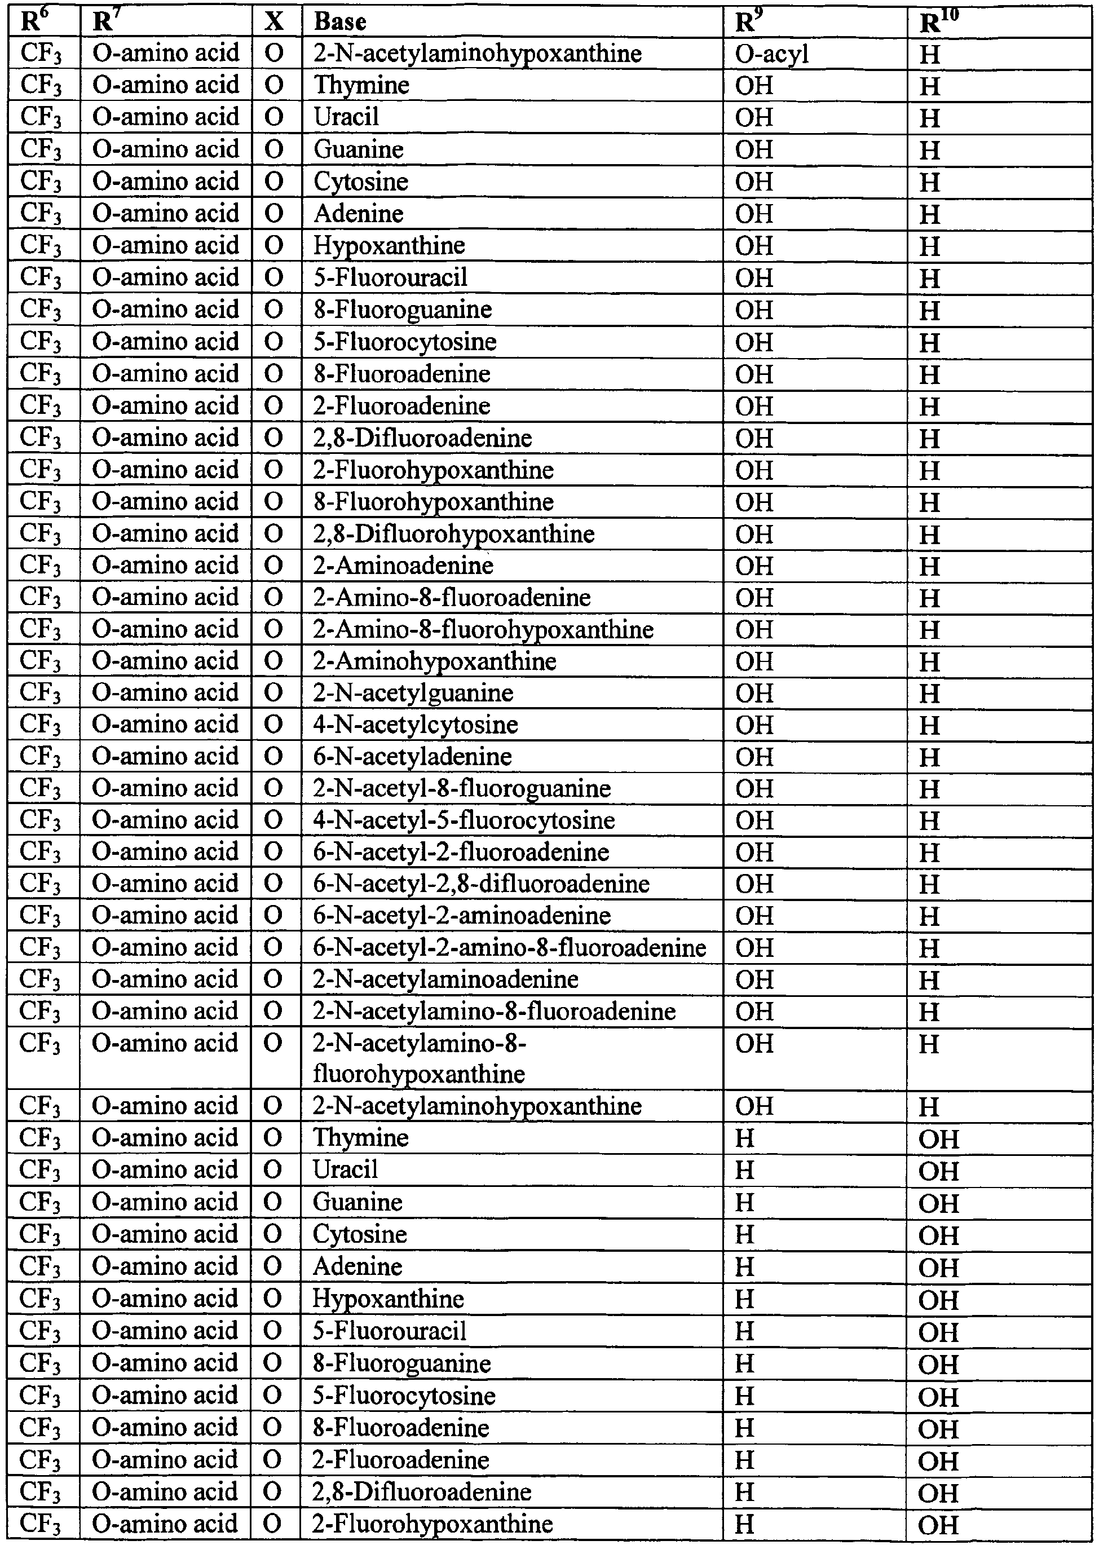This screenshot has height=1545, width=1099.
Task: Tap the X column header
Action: [x=273, y=21]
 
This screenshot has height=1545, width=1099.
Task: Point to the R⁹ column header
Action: [x=748, y=21]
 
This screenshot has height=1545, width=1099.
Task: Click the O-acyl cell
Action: [x=771, y=54]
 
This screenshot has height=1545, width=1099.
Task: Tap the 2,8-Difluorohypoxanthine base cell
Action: [x=453, y=534]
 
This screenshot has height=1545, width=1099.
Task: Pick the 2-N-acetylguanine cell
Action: [x=413, y=693]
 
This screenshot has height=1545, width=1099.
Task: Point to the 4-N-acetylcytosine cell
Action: [x=416, y=725]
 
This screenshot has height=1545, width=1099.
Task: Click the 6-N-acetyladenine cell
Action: [x=412, y=757]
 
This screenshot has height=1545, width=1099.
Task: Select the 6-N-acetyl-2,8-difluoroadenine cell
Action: [x=481, y=884]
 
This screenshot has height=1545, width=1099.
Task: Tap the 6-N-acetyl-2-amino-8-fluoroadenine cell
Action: [x=510, y=947]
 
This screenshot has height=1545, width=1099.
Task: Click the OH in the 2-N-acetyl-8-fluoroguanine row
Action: [x=754, y=788]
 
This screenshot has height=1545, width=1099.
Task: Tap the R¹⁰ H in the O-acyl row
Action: [x=930, y=54]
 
